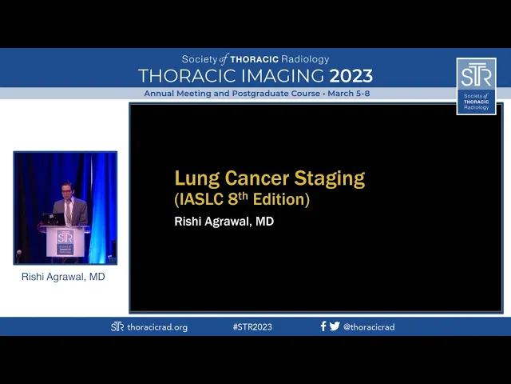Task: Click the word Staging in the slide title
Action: click(x=330, y=179)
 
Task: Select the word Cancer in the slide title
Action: click(x=257, y=178)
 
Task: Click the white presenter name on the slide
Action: click(x=224, y=222)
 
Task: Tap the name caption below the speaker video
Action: click(x=63, y=277)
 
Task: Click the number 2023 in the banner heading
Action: click(x=351, y=76)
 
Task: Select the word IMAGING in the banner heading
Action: click(x=283, y=76)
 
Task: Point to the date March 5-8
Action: click(x=349, y=94)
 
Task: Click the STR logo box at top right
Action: click(x=476, y=86)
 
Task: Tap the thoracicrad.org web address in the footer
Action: click(x=157, y=327)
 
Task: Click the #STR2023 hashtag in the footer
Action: click(x=252, y=327)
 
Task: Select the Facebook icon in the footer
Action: click(x=323, y=326)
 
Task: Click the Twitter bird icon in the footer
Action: click(x=335, y=326)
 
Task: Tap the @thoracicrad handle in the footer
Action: click(x=369, y=327)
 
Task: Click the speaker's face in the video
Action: click(x=67, y=190)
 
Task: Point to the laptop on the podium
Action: click(x=53, y=219)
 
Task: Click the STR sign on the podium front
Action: click(x=65, y=242)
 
